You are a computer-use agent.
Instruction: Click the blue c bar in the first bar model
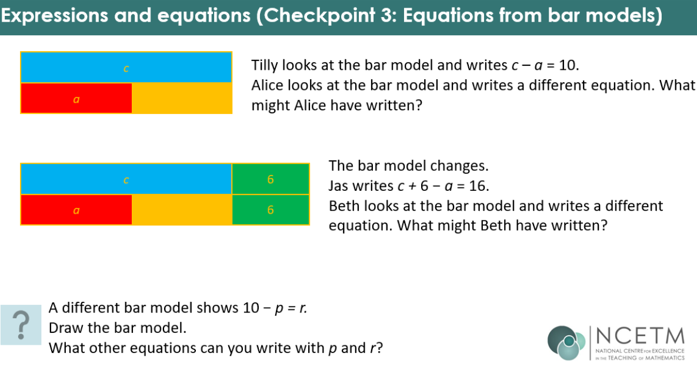(126, 68)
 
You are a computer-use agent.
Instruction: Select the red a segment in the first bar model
(76, 98)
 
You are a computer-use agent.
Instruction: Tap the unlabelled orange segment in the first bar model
(182, 98)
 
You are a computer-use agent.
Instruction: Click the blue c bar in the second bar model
(126, 179)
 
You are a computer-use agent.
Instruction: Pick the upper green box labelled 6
(271, 179)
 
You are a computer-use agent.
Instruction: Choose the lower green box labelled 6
(271, 210)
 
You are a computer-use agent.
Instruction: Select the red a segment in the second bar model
(76, 210)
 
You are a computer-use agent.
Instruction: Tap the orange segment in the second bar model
(182, 210)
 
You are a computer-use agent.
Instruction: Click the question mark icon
(21, 325)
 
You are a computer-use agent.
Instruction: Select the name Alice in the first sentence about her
(268, 86)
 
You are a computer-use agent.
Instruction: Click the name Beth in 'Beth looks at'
(344, 206)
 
